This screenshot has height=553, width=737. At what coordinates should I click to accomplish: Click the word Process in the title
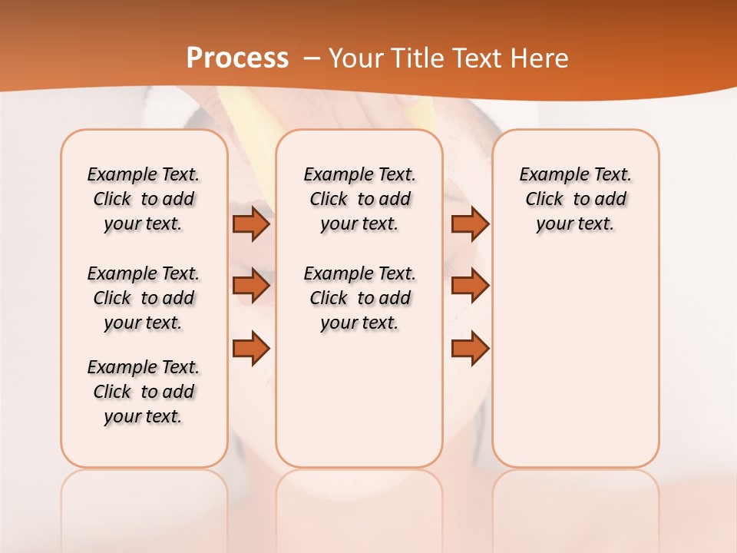(237, 58)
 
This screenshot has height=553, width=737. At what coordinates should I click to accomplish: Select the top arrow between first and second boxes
(251, 224)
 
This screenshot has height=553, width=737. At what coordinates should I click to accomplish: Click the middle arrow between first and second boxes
(251, 286)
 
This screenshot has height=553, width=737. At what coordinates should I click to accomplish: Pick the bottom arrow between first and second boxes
(251, 348)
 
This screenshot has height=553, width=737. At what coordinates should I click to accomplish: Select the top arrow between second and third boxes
(470, 224)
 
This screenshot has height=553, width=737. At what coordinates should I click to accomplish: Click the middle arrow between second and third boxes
(470, 286)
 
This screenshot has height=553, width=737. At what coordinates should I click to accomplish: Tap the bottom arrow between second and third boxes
(470, 348)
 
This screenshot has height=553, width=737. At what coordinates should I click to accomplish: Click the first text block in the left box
(144, 199)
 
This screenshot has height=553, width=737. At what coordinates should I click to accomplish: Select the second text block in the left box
(144, 298)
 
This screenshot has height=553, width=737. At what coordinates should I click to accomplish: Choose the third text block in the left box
(144, 392)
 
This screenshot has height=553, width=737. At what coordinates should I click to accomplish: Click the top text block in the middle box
(359, 199)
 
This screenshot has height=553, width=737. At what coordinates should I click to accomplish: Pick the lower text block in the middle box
(359, 298)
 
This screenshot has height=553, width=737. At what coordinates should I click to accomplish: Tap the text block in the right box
(575, 199)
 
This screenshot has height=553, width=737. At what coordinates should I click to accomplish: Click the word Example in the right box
(547, 175)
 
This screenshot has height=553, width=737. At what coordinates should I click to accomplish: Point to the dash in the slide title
(312, 59)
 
